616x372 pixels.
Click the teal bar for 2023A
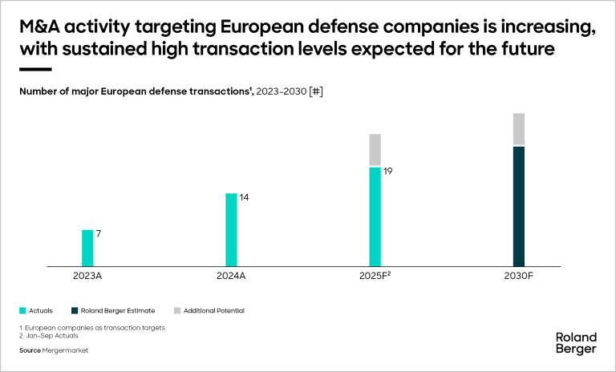click(x=87, y=248)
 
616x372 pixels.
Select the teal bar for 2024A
click(x=231, y=229)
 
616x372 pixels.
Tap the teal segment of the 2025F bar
click(x=375, y=216)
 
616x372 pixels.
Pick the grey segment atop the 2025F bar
click(x=375, y=151)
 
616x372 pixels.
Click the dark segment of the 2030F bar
click(x=518, y=206)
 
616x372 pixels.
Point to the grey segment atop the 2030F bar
click(x=518, y=130)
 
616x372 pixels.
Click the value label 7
click(x=99, y=233)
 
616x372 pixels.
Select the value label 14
click(x=244, y=196)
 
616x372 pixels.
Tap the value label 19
click(x=387, y=170)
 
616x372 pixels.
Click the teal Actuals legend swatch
click(x=22, y=310)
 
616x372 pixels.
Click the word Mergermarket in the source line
click(x=66, y=350)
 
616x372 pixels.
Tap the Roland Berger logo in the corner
click(x=576, y=342)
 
